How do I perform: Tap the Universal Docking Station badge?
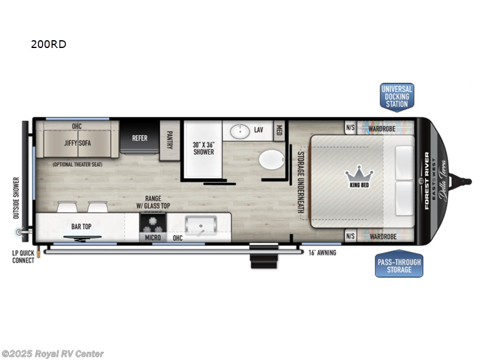(397, 97)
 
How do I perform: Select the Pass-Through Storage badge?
(399, 265)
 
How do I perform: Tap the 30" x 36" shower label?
(203, 148)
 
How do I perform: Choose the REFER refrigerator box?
(140, 138)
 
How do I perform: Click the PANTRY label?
(169, 140)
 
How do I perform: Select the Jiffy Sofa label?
(77, 143)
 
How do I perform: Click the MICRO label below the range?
(152, 238)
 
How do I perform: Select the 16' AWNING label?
(322, 253)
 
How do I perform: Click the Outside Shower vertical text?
(17, 197)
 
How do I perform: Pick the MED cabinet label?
(279, 130)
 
